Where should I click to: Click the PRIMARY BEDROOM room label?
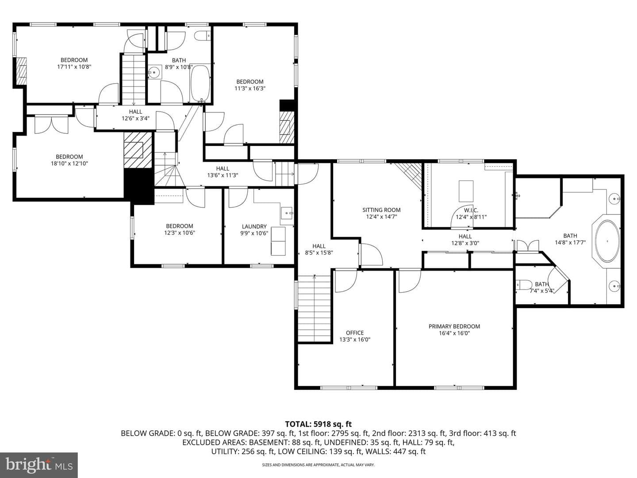coord(454,327)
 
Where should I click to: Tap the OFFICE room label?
coord(355,333)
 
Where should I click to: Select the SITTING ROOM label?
coord(381,210)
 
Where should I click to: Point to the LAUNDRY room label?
coord(254,226)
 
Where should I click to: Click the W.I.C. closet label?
coord(471,210)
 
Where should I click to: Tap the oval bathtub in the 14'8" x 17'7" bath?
coord(607,241)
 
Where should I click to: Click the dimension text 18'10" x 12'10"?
coord(69,163)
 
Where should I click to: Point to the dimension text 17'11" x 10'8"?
coord(74,67)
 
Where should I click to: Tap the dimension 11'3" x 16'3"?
coord(250,89)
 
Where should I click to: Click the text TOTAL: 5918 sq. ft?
coord(318,424)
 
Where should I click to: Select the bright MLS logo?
coord(39,465)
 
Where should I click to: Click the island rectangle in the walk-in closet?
coord(466,191)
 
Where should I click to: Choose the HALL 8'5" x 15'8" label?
coord(319,249)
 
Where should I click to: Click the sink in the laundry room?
coord(287,213)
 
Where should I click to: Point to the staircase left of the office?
coord(315,309)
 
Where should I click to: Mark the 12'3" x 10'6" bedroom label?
coord(180,229)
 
